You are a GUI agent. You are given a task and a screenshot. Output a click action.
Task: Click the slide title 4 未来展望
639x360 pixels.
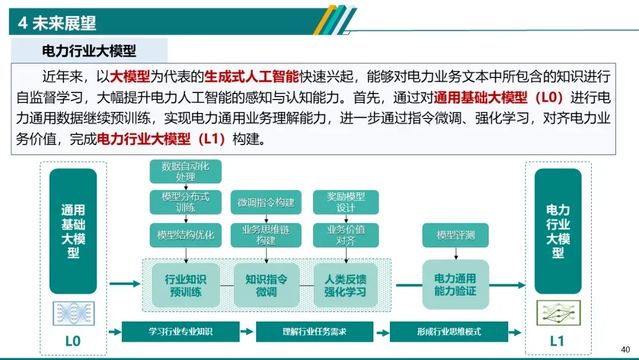(x=57, y=23)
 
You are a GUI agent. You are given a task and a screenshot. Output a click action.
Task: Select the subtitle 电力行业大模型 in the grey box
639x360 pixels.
(x=89, y=50)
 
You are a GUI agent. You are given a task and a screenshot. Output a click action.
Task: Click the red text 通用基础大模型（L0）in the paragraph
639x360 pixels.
(x=499, y=98)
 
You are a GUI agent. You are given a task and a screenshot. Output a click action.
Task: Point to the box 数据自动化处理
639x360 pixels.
(x=185, y=172)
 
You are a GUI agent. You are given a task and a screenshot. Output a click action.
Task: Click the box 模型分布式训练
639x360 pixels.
(x=185, y=202)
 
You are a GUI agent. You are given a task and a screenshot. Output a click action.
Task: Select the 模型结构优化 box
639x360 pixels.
(x=185, y=235)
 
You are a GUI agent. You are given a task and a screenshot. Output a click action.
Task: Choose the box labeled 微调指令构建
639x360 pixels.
(x=266, y=202)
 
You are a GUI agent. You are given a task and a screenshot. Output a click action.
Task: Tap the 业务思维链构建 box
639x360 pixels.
(x=266, y=235)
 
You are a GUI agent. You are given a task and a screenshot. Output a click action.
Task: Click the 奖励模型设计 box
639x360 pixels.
(x=346, y=202)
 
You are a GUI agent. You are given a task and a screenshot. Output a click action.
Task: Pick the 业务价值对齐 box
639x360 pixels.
(x=346, y=235)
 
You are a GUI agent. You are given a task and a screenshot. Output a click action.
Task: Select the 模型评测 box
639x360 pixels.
(x=456, y=235)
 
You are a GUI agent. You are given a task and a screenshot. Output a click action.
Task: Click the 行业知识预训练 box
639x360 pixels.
(x=185, y=285)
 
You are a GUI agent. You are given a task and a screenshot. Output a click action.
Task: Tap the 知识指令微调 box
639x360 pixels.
(x=266, y=285)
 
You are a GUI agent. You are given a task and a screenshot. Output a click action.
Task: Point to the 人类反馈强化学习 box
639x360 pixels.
(x=346, y=285)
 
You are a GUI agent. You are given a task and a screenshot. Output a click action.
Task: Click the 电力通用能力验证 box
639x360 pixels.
(x=455, y=285)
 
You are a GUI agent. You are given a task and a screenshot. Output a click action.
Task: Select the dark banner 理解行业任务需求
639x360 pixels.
(x=314, y=332)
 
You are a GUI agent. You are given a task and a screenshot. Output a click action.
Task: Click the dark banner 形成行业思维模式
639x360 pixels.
(x=448, y=332)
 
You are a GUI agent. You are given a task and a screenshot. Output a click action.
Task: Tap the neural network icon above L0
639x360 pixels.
(x=73, y=313)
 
